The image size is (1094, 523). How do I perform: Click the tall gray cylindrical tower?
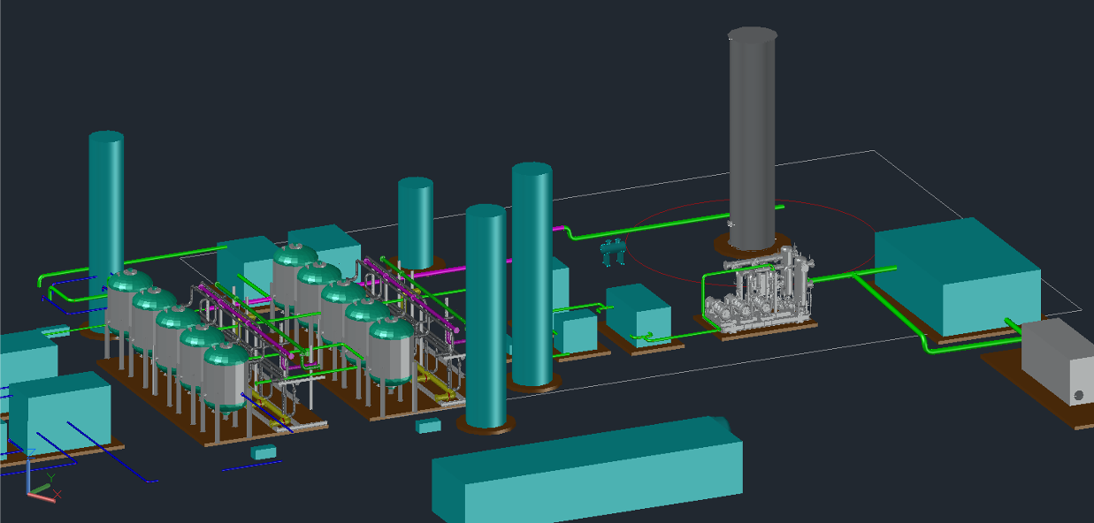752,141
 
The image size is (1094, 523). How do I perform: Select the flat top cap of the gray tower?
752,34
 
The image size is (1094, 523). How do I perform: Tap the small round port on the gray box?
1078,395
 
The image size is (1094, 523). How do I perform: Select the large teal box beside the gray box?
955,274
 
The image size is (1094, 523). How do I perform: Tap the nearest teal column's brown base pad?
486,428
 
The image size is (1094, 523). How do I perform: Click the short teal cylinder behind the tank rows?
415,221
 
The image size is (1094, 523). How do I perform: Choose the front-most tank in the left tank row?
226,375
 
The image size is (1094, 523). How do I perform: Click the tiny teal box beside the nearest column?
429,426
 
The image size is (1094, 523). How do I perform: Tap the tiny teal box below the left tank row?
264,451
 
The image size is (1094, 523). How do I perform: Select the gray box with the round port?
1057,362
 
